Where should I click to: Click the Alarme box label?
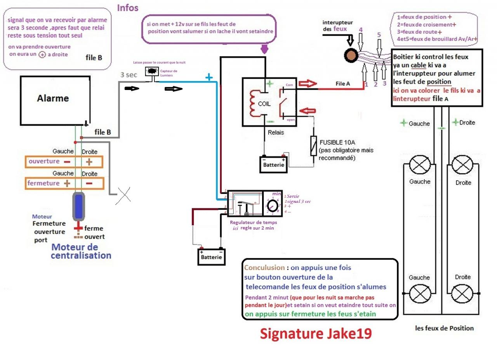(x=53, y=98)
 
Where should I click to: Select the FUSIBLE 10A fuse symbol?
(x=313, y=146)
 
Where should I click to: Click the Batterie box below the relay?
(x=274, y=164)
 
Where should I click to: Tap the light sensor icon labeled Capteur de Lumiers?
(x=151, y=71)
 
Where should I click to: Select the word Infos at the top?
(x=127, y=7)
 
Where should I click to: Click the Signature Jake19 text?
(x=315, y=333)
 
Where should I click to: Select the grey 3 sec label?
(x=128, y=75)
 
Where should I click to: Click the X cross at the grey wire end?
(x=123, y=194)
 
